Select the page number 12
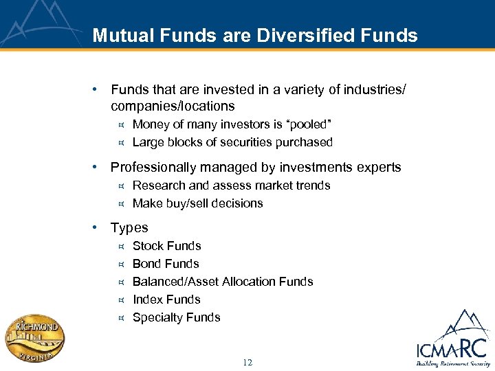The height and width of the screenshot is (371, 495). click(247, 362)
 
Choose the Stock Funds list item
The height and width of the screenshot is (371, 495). click(166, 246)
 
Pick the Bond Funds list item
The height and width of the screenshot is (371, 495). click(166, 264)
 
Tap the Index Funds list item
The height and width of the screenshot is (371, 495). click(166, 300)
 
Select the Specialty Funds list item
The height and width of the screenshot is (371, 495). click(176, 317)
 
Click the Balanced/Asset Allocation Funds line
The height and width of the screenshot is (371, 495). click(223, 282)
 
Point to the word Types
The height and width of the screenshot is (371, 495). click(129, 227)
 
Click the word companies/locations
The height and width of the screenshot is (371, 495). click(173, 106)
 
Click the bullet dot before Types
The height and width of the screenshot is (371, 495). click(101, 227)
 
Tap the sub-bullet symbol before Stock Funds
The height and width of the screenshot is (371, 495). click(120, 246)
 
